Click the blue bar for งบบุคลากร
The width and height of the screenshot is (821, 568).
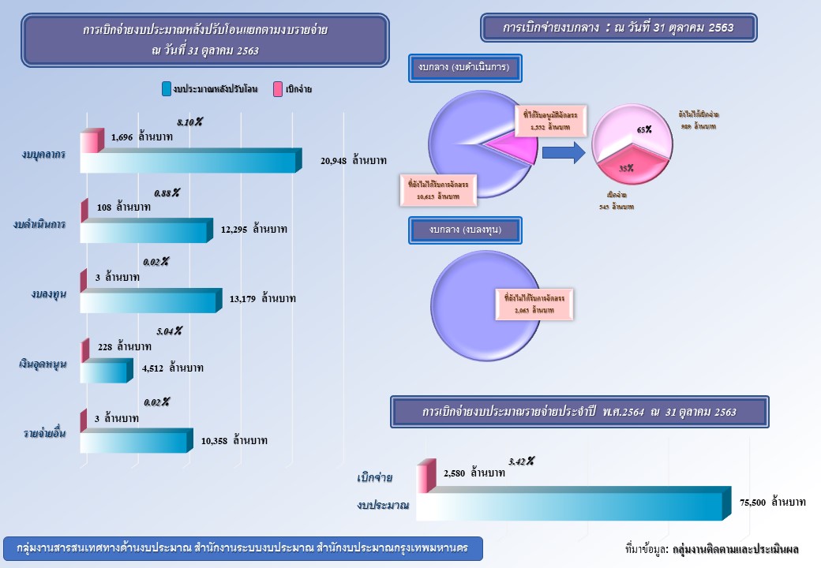pos(189,162)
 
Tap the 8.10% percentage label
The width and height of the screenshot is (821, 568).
pos(189,122)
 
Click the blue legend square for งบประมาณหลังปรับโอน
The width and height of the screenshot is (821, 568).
pos(166,89)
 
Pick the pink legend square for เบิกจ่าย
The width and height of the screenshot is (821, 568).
pos(278,89)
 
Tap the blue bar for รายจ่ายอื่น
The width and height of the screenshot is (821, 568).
pos(134,441)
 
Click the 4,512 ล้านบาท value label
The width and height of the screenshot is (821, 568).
pos(173,368)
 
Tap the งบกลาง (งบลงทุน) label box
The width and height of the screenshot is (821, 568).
pos(465,230)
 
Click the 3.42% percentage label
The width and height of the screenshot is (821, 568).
pos(521,461)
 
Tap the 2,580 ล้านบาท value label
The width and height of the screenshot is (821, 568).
pos(474,473)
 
